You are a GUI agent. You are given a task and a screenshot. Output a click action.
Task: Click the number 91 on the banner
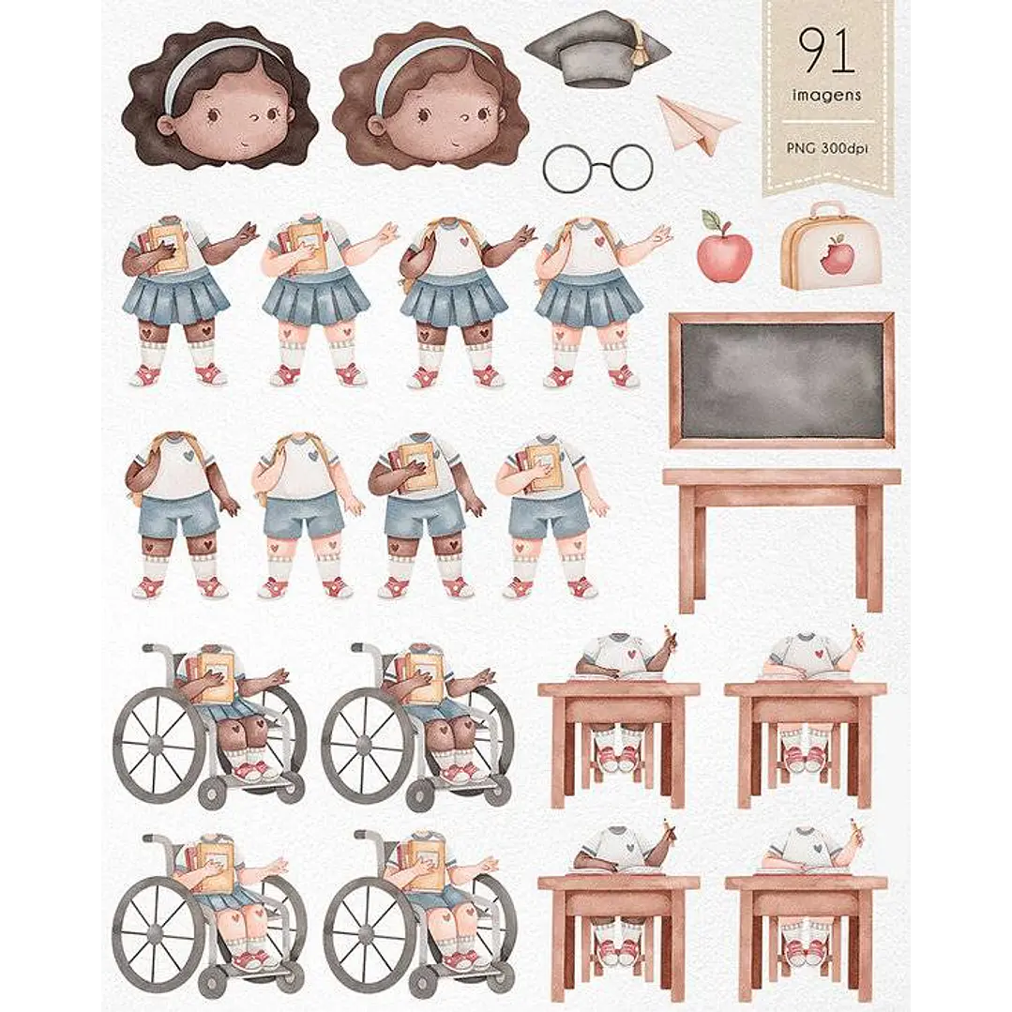tap(826, 51)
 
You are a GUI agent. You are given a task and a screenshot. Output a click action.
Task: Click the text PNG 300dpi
tap(827, 148)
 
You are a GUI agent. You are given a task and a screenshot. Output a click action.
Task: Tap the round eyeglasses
tap(597, 168)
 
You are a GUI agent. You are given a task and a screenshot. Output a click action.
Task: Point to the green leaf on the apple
tap(711, 219)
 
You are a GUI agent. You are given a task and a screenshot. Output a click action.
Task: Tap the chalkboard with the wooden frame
tap(781, 380)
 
